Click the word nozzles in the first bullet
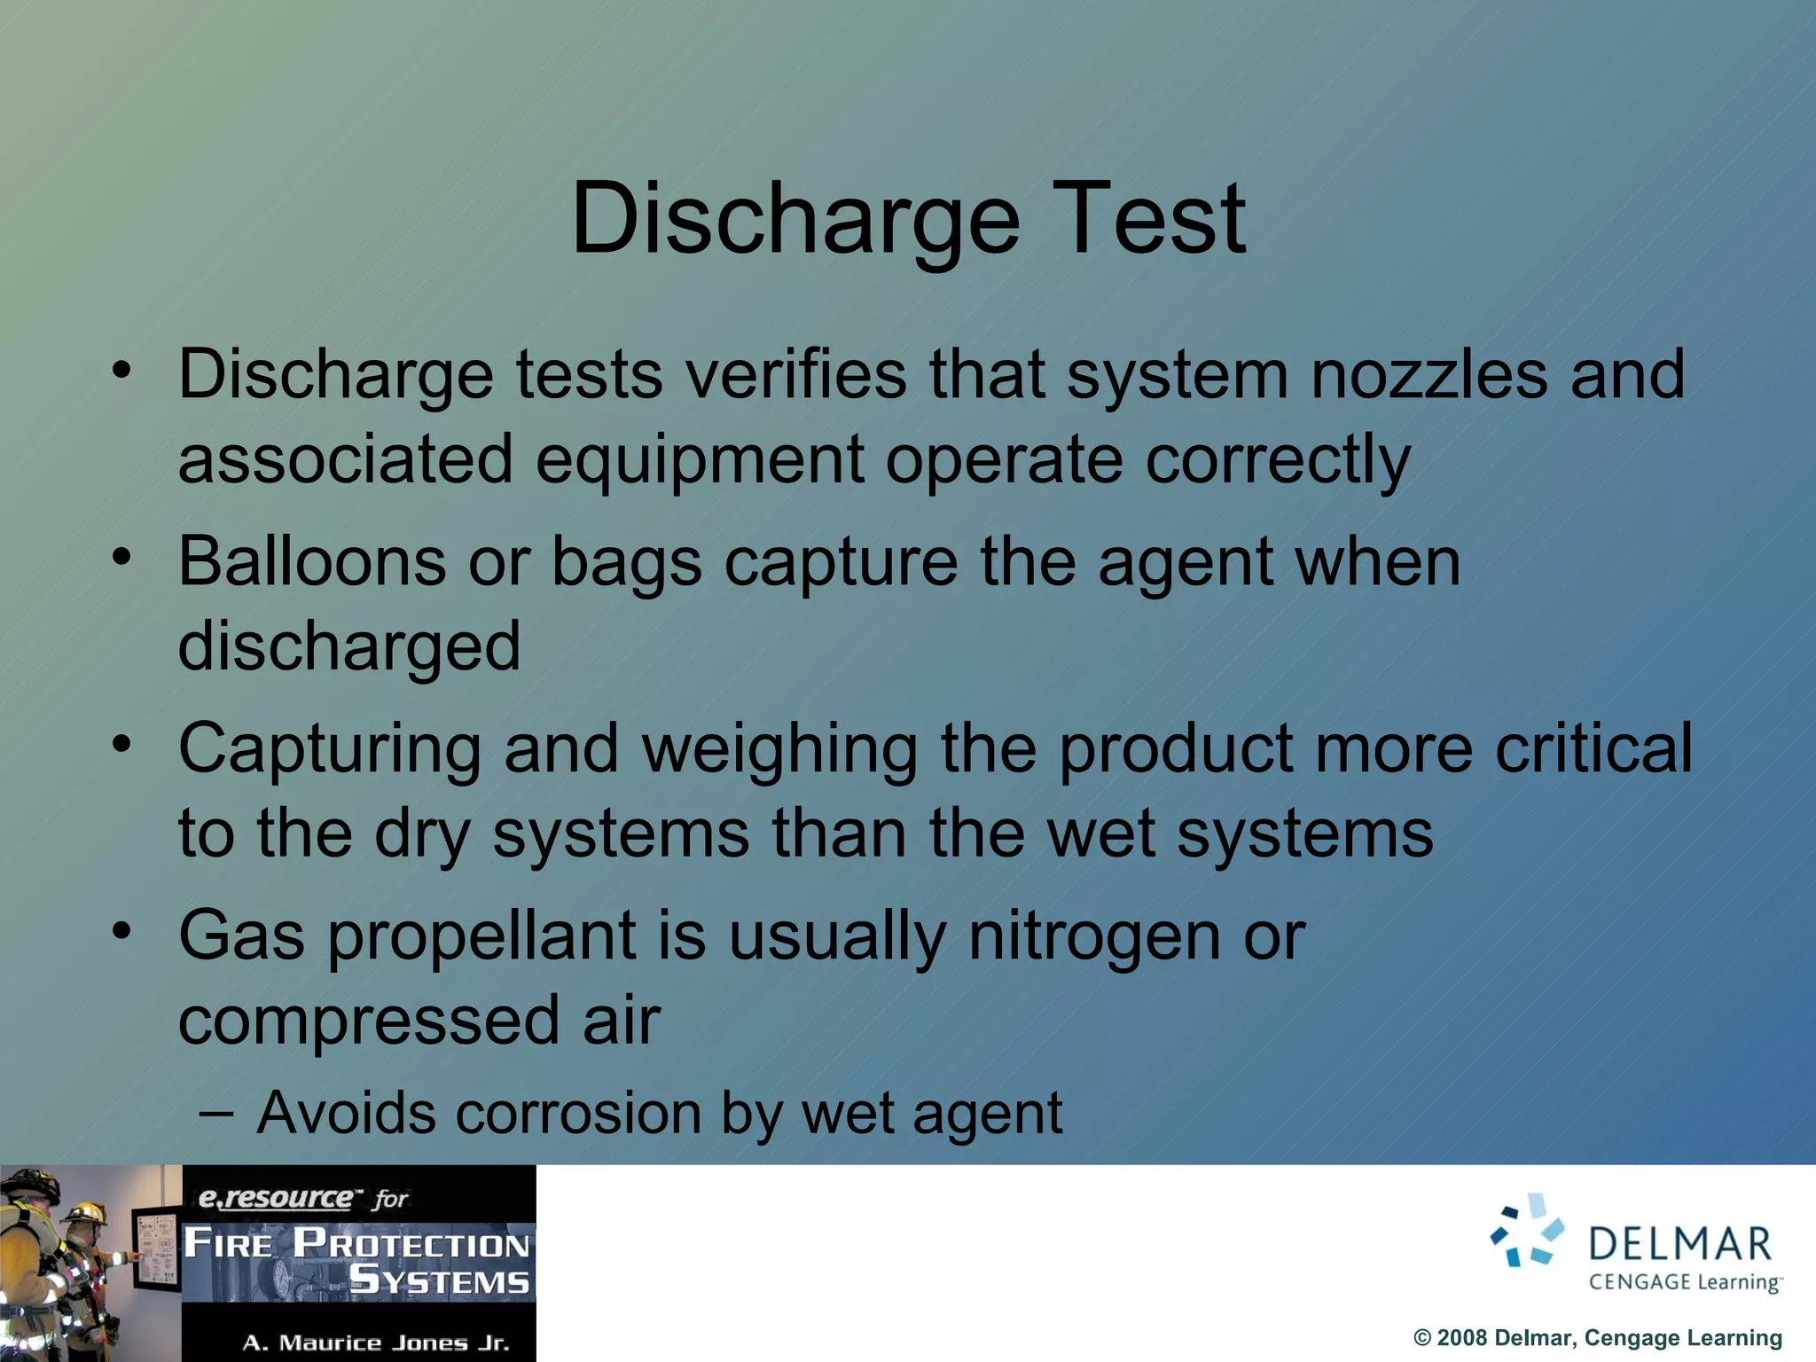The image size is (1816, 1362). [1429, 374]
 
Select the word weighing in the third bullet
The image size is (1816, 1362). [779, 749]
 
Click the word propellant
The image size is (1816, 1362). [482, 937]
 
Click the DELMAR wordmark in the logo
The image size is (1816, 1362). [1679, 1243]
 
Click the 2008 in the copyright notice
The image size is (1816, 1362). [1462, 1338]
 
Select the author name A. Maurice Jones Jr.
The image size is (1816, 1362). [375, 1342]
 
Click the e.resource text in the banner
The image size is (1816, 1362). [275, 1199]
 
